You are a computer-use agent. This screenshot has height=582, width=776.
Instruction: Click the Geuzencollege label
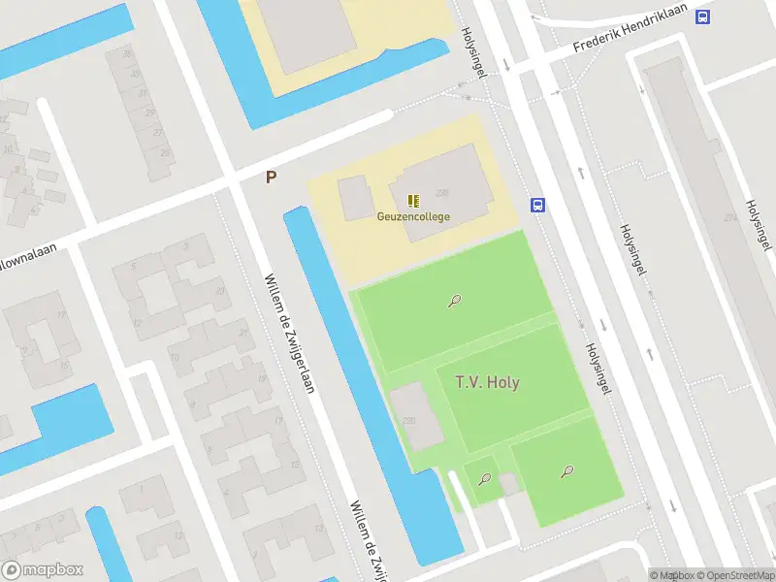click(x=413, y=216)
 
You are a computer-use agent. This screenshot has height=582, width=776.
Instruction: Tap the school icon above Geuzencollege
click(x=413, y=201)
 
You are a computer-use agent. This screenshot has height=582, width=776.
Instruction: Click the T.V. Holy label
click(x=487, y=382)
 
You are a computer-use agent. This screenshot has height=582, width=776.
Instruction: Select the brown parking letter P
click(x=272, y=178)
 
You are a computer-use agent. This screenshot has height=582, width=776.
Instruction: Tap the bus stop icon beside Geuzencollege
click(x=537, y=205)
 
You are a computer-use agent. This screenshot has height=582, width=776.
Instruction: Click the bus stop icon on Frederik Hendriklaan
click(x=703, y=16)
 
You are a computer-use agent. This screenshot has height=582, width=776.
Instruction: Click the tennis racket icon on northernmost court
click(x=454, y=301)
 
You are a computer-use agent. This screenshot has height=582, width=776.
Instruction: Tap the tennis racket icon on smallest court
click(x=484, y=477)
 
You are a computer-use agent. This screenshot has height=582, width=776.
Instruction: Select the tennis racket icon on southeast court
click(x=566, y=471)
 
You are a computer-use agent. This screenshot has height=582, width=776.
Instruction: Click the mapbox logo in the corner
click(x=43, y=569)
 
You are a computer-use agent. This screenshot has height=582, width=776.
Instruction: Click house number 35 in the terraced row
click(x=126, y=53)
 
